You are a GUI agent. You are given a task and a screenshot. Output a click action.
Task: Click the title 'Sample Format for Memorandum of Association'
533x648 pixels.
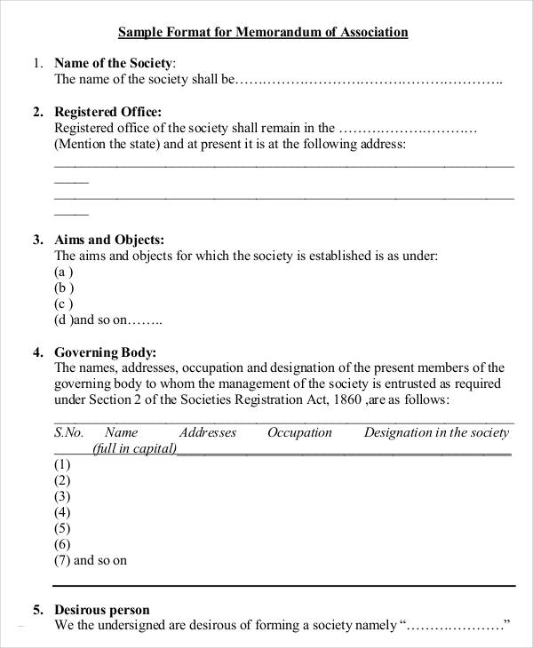(263, 33)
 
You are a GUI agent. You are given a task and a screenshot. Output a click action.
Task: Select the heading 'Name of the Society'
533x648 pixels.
(114, 63)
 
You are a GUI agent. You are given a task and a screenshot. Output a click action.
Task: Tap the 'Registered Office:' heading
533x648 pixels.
(108, 112)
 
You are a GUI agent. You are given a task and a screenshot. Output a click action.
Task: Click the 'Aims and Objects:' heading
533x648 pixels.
(109, 240)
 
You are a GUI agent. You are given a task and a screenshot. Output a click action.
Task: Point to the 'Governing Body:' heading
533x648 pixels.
(106, 352)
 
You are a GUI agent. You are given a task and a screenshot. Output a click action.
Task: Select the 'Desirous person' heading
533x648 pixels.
(102, 610)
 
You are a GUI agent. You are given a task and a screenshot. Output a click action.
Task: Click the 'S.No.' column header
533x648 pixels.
(68, 433)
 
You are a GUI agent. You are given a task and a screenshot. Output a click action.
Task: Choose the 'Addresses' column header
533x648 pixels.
(208, 433)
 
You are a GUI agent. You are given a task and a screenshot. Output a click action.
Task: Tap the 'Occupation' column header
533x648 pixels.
(299, 433)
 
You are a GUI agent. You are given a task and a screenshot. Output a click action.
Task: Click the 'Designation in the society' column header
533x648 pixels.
(436, 433)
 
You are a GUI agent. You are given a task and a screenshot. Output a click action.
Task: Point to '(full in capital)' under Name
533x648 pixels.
(134, 448)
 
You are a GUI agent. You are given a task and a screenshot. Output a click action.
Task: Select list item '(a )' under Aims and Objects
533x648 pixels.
(64, 272)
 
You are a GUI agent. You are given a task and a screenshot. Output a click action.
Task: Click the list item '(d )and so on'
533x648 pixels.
(107, 320)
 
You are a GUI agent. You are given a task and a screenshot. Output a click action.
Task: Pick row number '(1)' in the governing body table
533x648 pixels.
(62, 464)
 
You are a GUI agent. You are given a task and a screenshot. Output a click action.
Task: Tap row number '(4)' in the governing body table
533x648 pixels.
(62, 512)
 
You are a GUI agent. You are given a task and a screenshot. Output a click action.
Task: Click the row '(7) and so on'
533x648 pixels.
(91, 560)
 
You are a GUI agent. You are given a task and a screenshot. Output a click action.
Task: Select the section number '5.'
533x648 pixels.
(38, 610)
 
